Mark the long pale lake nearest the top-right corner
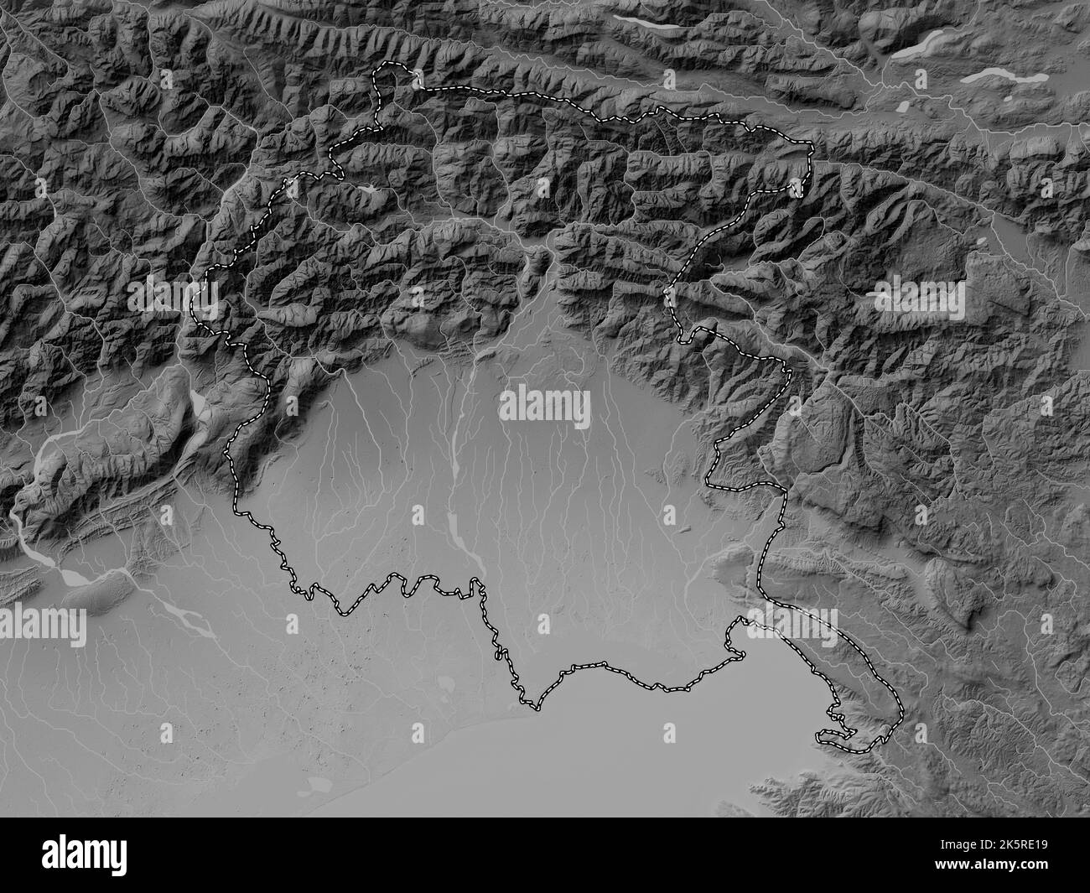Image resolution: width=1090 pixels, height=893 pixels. click(1004, 77)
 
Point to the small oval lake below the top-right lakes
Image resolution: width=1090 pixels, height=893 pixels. click(905, 108)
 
